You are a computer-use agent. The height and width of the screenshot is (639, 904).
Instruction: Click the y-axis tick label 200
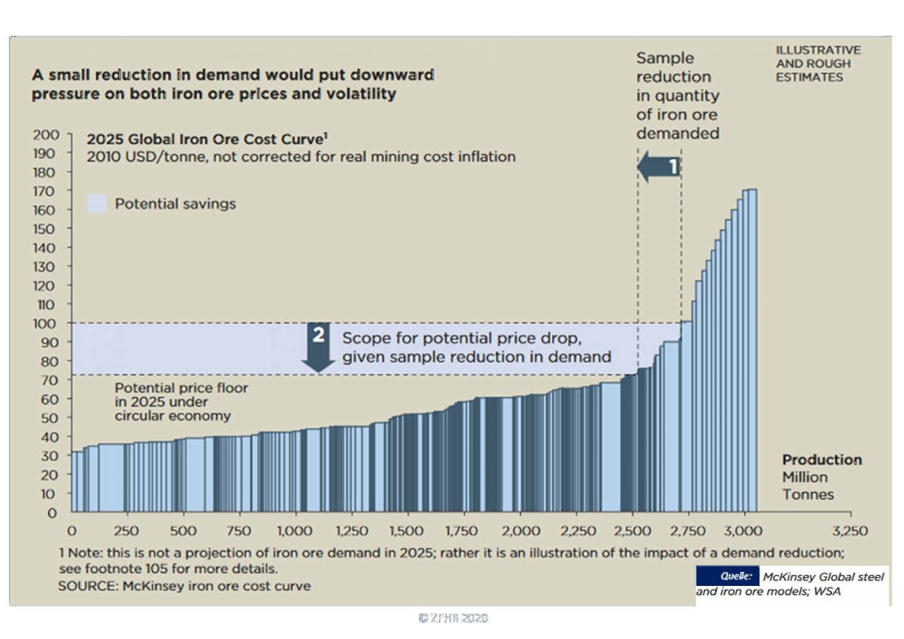point(45,135)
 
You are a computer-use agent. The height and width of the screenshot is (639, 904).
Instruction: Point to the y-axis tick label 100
point(44,324)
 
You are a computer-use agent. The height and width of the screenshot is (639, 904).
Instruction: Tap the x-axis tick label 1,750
point(461,531)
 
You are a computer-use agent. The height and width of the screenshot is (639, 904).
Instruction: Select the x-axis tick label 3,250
point(850,531)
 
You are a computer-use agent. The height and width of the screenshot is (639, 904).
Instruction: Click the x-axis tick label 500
point(183,531)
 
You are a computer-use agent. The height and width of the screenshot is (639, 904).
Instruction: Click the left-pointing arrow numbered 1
point(659,167)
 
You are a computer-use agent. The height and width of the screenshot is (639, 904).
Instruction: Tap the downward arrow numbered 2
point(318,347)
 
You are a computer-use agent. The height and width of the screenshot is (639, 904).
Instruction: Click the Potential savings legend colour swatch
point(97,204)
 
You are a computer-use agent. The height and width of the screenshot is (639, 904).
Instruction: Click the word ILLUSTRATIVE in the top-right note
point(818,50)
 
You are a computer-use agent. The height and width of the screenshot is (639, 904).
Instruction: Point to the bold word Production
point(822,460)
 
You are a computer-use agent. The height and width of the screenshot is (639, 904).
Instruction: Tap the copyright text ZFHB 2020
point(453,618)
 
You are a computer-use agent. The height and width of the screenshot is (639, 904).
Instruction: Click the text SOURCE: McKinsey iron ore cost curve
point(185,586)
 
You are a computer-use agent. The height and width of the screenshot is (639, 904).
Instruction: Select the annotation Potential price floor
point(181,388)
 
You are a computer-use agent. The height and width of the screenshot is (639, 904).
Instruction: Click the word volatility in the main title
point(361,94)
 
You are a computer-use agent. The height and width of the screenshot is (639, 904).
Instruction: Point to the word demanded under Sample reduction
point(677,134)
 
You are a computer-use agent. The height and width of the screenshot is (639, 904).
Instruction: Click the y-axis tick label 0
point(52,513)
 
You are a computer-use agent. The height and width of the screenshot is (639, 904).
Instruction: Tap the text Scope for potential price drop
point(461,338)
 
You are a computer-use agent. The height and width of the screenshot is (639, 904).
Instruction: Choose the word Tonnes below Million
point(808,495)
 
